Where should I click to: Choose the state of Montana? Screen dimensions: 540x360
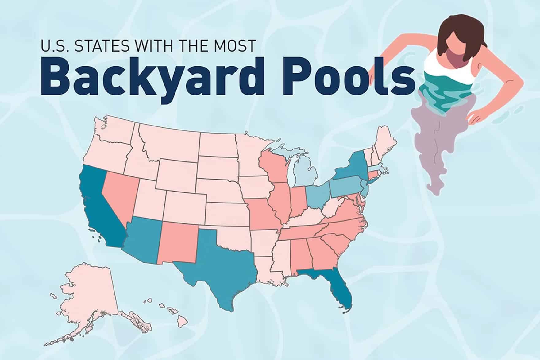point(172,144)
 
